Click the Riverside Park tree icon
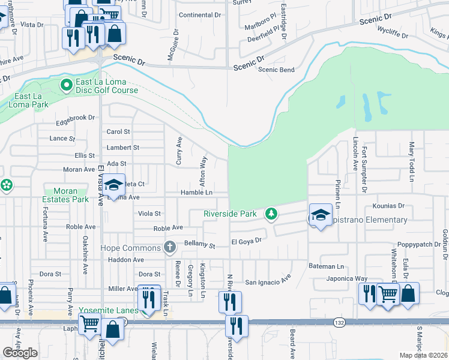point(272,214)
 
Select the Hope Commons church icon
point(170,247)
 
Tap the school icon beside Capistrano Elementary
point(321,215)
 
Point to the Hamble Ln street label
point(197,193)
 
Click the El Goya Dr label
point(247,241)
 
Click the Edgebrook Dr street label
point(76,118)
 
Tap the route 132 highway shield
point(339,322)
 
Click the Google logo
point(20,352)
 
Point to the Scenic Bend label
point(276,70)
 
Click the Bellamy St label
point(199,245)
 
